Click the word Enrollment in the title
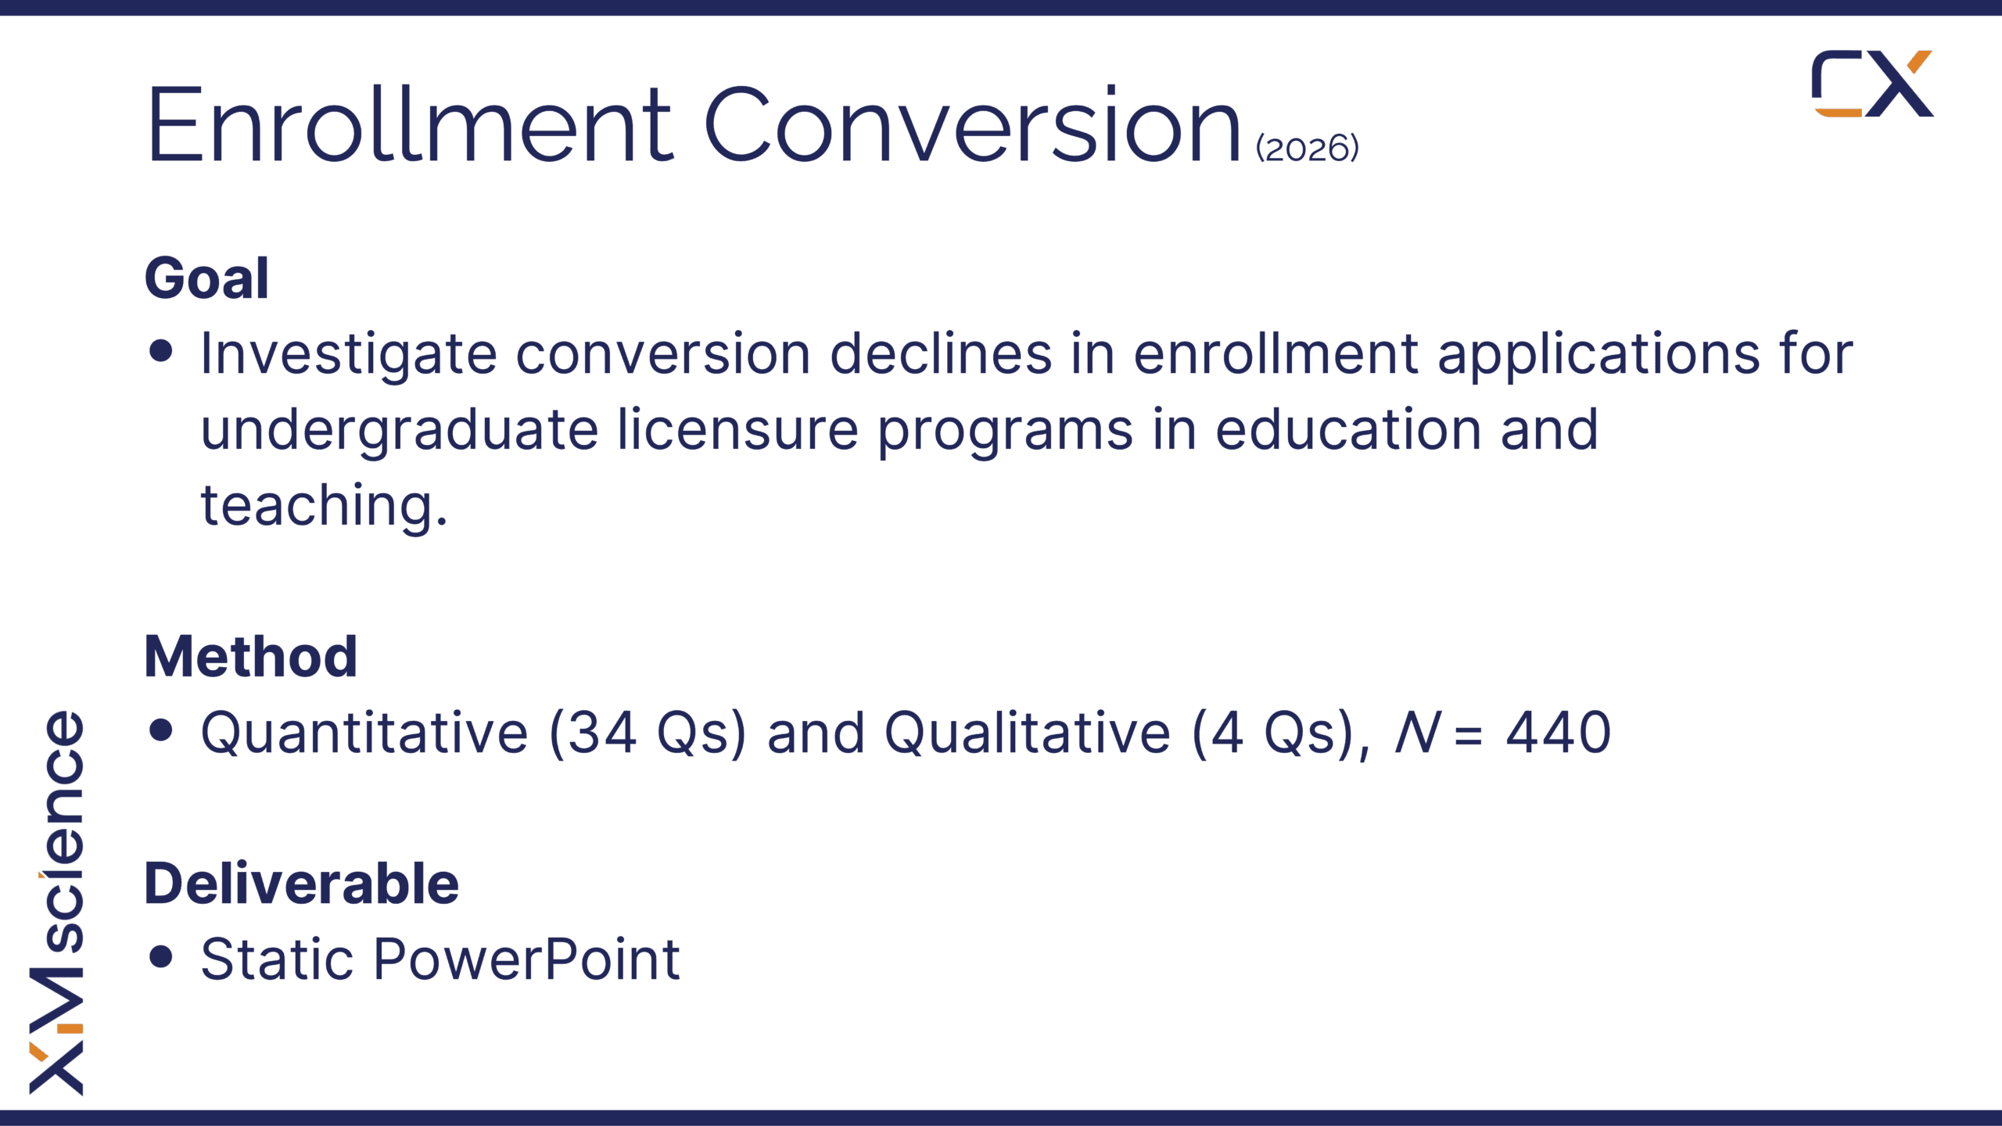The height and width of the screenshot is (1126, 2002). (x=410, y=125)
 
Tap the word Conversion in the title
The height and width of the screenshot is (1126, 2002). (x=972, y=125)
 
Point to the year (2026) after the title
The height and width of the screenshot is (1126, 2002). (x=1308, y=149)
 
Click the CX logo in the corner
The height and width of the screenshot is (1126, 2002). (x=1872, y=84)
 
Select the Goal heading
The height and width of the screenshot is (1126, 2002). (x=206, y=278)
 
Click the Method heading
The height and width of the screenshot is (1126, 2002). (x=251, y=656)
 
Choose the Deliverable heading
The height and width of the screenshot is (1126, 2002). (x=302, y=884)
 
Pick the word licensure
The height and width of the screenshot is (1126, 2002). (x=738, y=429)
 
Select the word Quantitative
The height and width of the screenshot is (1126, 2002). (x=364, y=733)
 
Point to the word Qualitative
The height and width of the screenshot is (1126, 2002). (x=1028, y=733)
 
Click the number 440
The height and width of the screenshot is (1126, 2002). (x=1559, y=733)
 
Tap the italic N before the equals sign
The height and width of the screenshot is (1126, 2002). (x=1418, y=733)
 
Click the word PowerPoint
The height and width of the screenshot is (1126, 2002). (x=526, y=959)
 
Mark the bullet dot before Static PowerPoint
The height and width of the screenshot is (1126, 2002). (x=160, y=956)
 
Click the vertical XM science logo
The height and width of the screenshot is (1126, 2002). (x=56, y=902)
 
